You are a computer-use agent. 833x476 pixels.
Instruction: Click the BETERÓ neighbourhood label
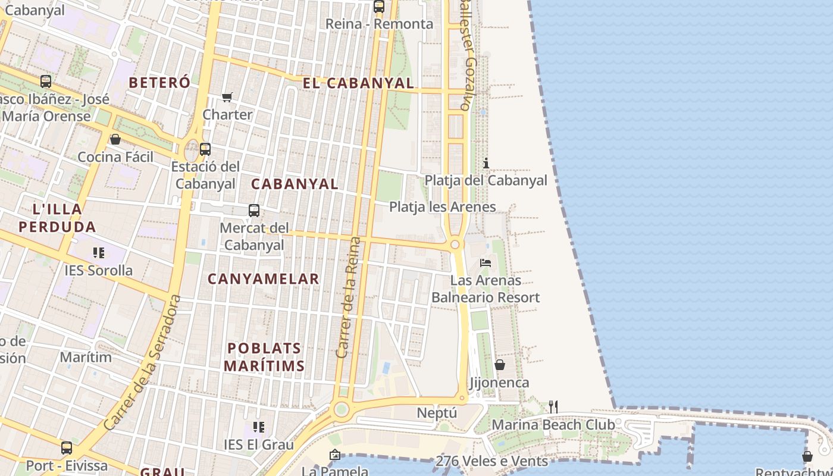pyautogui.click(x=159, y=83)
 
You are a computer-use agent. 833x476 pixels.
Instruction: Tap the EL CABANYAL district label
pyautogui.click(x=358, y=83)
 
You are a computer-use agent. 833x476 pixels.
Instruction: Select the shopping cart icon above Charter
pyautogui.click(x=227, y=97)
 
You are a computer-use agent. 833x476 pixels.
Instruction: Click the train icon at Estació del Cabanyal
pyautogui.click(x=205, y=149)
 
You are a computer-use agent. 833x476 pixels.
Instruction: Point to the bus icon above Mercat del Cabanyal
pyautogui.click(x=254, y=210)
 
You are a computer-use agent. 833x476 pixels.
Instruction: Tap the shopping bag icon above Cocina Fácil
pyautogui.click(x=115, y=139)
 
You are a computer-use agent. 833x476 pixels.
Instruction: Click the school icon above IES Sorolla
pyautogui.click(x=99, y=253)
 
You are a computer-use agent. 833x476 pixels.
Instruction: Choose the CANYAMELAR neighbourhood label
pyautogui.click(x=264, y=278)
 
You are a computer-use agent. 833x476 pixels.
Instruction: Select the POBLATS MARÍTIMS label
pyautogui.click(x=264, y=357)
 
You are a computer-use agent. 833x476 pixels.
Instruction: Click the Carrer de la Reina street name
pyautogui.click(x=349, y=297)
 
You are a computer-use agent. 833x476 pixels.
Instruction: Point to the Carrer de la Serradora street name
pyautogui.click(x=142, y=363)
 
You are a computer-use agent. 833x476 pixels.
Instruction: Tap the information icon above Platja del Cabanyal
pyautogui.click(x=486, y=163)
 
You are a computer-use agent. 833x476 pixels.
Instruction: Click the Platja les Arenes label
pyautogui.click(x=443, y=207)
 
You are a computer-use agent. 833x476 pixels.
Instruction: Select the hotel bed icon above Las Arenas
pyautogui.click(x=486, y=262)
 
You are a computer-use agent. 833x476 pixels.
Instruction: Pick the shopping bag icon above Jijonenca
pyautogui.click(x=500, y=365)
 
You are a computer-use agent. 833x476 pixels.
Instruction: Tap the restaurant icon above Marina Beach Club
pyautogui.click(x=553, y=407)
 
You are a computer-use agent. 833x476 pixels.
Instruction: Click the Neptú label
pyautogui.click(x=437, y=413)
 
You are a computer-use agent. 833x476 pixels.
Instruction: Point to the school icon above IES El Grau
pyautogui.click(x=259, y=427)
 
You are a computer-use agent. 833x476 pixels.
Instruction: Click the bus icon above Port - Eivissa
pyautogui.click(x=67, y=447)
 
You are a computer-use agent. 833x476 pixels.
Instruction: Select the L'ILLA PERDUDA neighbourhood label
pyautogui.click(x=57, y=218)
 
